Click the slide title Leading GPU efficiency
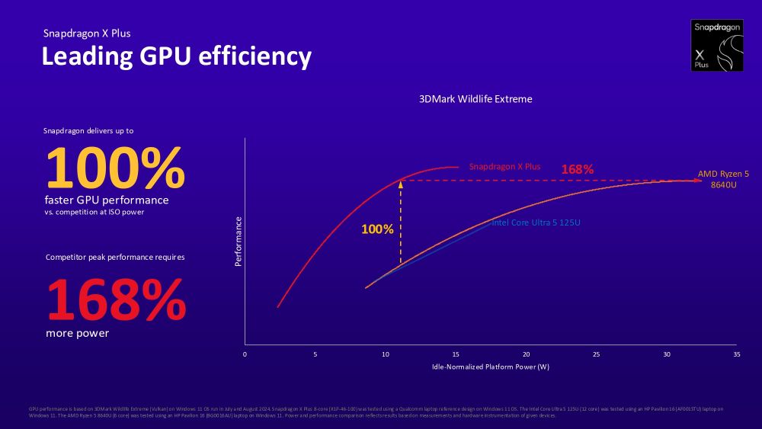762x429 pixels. pos(176,57)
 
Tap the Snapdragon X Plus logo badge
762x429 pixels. pos(716,46)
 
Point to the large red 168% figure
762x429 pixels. pos(117,300)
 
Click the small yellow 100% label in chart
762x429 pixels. pos(377,229)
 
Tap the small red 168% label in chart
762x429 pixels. pos(577,169)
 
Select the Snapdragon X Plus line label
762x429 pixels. pos(504,166)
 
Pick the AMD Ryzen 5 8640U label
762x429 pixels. pos(723,179)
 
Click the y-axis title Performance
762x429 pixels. pos(239,242)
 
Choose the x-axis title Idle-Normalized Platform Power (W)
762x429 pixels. pos(491,367)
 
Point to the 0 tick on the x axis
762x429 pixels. pos(245,354)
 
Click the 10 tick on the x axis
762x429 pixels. pos(385,354)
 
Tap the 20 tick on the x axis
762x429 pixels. pos(526,354)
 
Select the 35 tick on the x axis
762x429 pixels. pos(736,354)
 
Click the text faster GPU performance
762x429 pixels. pos(107,200)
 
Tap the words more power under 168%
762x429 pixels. pos(77,333)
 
